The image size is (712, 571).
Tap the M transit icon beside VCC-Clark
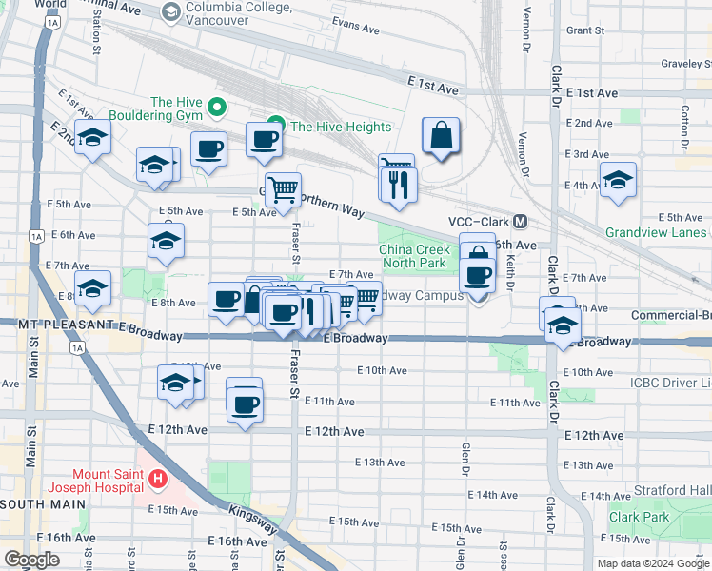pos(521,222)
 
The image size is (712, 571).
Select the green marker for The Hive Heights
pos(276,127)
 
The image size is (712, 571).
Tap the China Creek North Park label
pos(413,256)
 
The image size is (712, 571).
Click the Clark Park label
pos(639,517)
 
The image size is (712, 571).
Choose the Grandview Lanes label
pos(657,232)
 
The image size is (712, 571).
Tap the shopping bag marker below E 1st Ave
pos(441,138)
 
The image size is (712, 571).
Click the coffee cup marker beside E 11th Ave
pos(245,404)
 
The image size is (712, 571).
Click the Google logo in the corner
pos(31,559)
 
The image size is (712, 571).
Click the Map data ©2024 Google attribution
pos(652,563)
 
